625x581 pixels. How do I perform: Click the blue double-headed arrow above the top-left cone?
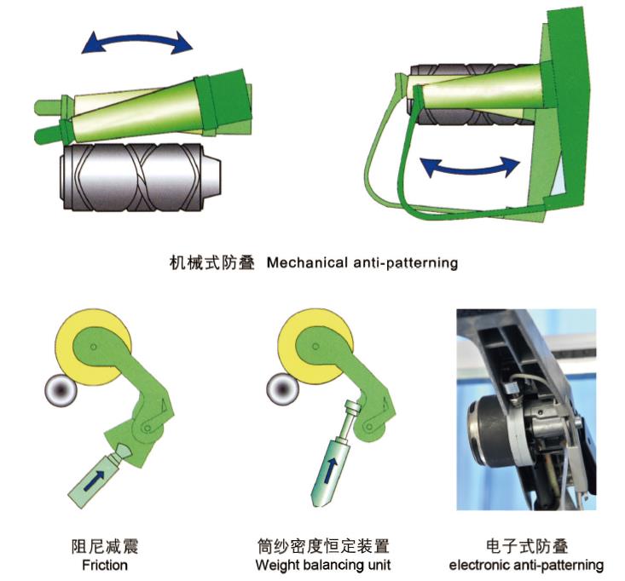tap(137, 37)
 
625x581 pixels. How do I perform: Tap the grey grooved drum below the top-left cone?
tap(140, 177)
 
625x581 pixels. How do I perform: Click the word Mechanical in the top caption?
tap(307, 263)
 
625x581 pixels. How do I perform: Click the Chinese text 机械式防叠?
tap(212, 263)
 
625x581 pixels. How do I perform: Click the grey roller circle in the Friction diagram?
tap(61, 390)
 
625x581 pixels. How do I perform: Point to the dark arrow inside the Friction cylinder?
tap(94, 480)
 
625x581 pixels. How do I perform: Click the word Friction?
tap(105, 565)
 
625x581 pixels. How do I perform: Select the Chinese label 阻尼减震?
tap(105, 546)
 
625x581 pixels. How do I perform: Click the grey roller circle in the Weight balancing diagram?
tap(282, 389)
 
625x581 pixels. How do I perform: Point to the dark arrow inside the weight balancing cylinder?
tap(331, 470)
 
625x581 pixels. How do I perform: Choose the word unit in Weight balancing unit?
tap(379, 565)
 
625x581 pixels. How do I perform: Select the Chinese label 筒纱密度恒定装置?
tap(323, 546)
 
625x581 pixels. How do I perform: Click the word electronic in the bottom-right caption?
tap(478, 565)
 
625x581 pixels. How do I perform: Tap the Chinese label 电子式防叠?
tap(527, 546)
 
